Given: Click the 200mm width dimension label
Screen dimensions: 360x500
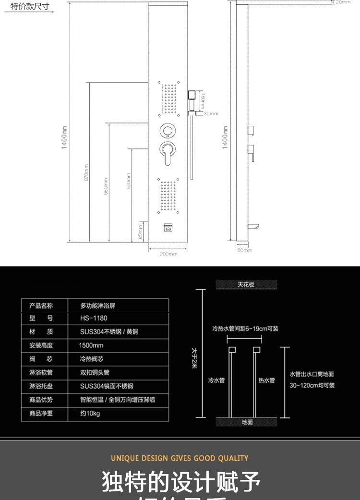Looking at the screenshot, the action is [168, 254].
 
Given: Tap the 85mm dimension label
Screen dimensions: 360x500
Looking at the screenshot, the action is [140, 232].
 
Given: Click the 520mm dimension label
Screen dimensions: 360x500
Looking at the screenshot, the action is [128, 181].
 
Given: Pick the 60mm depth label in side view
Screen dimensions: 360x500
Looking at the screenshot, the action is [244, 250].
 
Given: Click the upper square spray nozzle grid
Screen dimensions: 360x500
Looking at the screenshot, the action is [168, 98].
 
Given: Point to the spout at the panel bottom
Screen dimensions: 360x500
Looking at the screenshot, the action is [168, 229].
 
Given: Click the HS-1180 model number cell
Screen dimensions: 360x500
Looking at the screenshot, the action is [94, 318].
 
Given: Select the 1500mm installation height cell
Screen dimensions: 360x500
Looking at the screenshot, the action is [91, 345].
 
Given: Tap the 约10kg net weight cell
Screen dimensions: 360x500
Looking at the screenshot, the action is [90, 414].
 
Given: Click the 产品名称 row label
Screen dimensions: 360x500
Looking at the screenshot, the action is [41, 305].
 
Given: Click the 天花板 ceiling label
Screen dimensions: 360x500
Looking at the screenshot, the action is [246, 285].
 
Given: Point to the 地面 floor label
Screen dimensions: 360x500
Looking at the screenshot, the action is [247, 422].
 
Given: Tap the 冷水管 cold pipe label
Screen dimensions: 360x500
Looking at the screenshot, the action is [216, 380].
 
